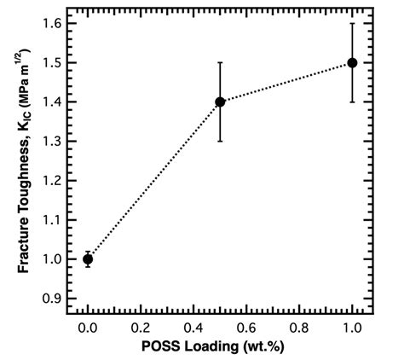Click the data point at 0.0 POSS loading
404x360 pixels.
point(88,259)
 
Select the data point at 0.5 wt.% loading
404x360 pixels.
point(220,102)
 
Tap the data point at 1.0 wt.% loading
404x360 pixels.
point(352,62)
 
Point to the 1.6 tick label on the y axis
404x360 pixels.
point(52,23)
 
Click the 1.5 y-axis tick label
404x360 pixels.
point(52,62)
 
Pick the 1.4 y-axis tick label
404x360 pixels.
point(52,102)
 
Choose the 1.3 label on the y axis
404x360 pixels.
point(52,141)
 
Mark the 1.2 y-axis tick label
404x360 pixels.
point(52,180)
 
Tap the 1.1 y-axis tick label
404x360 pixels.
point(52,220)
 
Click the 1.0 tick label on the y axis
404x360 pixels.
point(52,259)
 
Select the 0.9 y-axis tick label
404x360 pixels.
point(52,299)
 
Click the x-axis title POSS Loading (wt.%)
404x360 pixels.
point(220,348)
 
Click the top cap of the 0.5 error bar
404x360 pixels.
point(220,62)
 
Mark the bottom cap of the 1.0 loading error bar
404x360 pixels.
point(352,102)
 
